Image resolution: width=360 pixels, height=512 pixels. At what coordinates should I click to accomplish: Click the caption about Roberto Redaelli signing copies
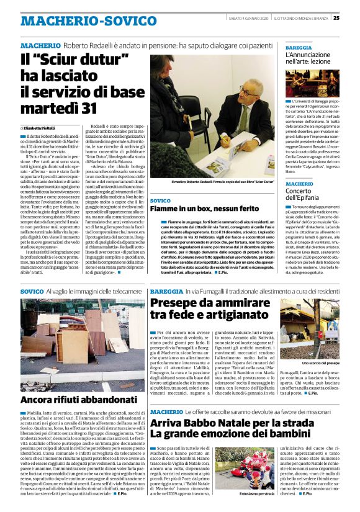coord(213,182)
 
